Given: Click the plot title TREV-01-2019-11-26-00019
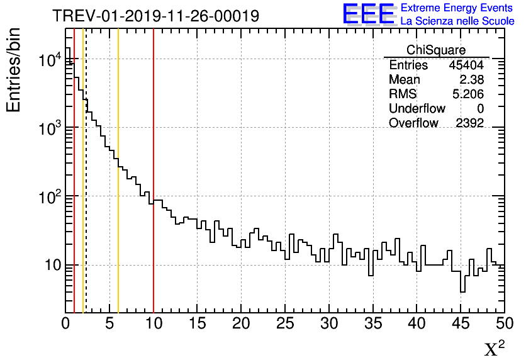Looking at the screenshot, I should [x=155, y=16].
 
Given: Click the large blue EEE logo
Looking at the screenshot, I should [x=368, y=14].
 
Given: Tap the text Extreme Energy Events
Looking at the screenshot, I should [x=457, y=8].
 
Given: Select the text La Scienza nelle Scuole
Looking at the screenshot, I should [x=457, y=21].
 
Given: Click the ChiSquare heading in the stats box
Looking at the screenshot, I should [x=436, y=50].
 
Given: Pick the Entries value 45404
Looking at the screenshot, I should [x=466, y=65].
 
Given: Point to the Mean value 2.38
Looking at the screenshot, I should [x=471, y=80].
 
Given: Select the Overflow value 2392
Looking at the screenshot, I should [x=469, y=123].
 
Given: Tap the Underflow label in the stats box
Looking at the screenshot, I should [x=417, y=109].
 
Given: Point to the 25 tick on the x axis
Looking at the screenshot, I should [x=285, y=323].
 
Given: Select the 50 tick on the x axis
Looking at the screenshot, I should [x=505, y=323].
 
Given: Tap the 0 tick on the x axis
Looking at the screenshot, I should [x=65, y=323].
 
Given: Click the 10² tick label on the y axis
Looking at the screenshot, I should [x=48, y=196].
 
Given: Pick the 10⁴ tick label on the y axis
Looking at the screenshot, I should [x=48, y=60].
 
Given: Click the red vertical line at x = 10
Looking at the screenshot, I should [x=154, y=252].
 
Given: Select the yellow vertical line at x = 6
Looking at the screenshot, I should [x=118, y=252].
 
